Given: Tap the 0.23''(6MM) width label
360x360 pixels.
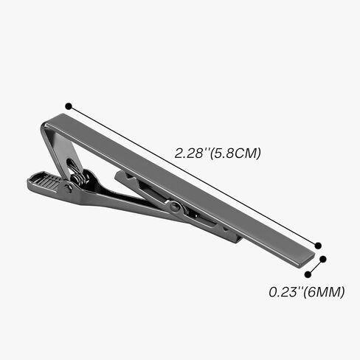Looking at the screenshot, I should click(306, 291).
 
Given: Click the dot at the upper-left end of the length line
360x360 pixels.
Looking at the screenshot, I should click(68, 106).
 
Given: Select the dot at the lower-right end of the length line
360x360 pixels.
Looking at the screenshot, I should click(318, 246).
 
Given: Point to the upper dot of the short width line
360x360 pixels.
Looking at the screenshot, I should click(324, 259).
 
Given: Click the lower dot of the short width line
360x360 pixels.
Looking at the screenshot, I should click(307, 274).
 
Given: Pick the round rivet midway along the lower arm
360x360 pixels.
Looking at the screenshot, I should click(175, 207).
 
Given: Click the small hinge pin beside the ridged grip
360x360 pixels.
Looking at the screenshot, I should click(69, 187).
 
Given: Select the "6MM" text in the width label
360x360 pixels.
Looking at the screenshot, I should click(327, 291).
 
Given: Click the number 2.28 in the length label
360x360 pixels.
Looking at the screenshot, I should click(189, 154).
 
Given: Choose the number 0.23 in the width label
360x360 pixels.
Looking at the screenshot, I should click(280, 291).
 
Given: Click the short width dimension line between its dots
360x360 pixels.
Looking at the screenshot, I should click(316, 266).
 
